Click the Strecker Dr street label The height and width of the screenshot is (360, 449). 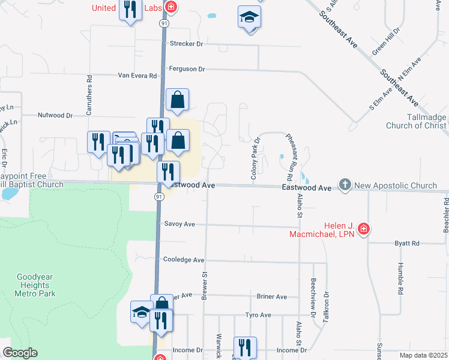point(187,44)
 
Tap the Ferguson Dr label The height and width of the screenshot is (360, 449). point(187,69)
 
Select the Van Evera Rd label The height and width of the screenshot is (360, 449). point(137,76)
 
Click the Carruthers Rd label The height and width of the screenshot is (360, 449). point(89,95)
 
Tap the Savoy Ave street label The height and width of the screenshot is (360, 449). point(179,224)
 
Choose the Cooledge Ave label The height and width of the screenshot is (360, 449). point(184,260)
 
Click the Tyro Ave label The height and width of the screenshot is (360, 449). point(259,315)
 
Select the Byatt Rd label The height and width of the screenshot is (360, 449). point(407,243)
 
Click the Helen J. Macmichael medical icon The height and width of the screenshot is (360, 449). point(363,229)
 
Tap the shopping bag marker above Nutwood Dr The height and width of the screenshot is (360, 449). point(178,100)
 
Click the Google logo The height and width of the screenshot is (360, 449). point(20,353)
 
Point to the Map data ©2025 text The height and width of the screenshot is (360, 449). point(423,355)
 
